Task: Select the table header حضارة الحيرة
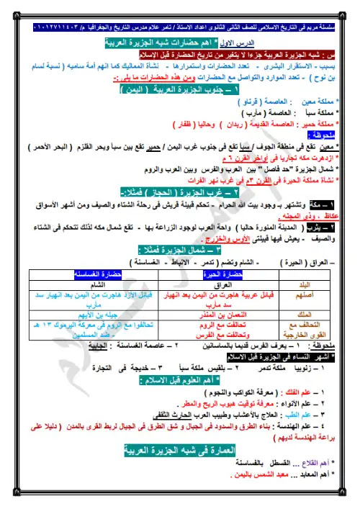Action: click(226, 274)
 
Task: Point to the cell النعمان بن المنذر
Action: click(226, 315)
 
